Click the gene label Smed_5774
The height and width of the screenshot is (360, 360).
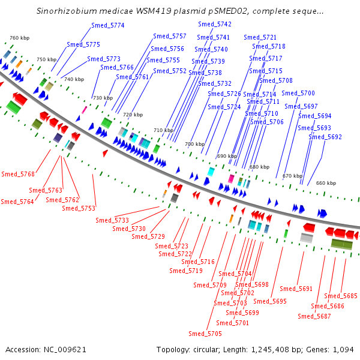108,25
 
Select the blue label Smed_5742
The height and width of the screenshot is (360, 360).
215,24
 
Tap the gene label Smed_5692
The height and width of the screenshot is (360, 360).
325,137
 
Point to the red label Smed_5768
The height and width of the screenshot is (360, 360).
18,174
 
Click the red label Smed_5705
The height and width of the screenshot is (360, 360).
205,334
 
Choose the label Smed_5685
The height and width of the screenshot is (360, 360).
341,296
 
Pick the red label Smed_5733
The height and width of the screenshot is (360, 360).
112,220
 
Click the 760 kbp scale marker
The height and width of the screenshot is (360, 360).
20,38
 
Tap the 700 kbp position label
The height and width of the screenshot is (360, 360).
194,144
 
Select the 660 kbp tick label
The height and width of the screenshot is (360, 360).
326,183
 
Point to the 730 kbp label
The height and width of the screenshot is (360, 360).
103,98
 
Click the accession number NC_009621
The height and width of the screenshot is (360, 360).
65,350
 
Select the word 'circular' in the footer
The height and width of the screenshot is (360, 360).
206,350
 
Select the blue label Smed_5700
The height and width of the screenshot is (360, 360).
298,93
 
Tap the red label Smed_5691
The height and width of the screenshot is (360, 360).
296,289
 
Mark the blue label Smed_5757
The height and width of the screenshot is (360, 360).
170,36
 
